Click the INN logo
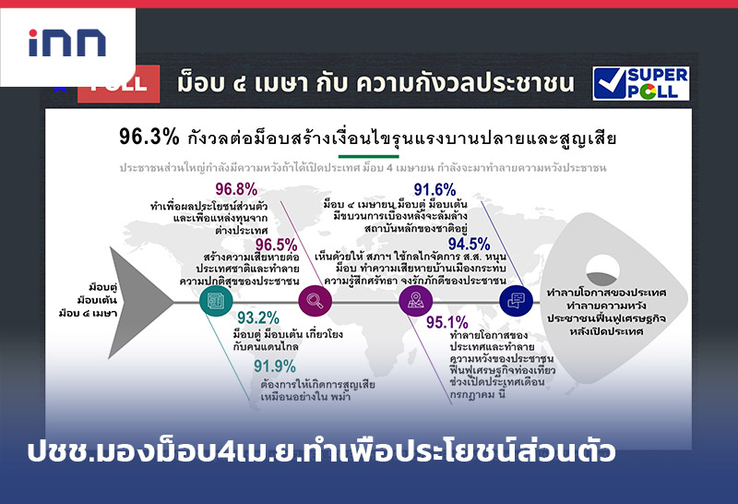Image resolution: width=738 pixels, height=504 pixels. coord(67,42)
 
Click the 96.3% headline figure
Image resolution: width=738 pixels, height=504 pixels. coord(149,137)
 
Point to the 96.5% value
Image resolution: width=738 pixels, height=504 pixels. coord(276,245)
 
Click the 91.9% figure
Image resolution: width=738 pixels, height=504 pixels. coord(275,366)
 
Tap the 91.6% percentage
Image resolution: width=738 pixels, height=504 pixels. coord(434,189)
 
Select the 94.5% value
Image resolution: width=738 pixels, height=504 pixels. coord(469,244)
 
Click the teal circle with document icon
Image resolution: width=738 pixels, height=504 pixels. coord(216,298)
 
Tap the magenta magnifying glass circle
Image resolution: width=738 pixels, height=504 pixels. coord(315,298)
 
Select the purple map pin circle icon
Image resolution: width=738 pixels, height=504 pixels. coord(414,298)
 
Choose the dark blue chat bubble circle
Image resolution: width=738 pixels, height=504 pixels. coord(515,298)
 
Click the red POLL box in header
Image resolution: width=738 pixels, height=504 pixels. coord(114,82)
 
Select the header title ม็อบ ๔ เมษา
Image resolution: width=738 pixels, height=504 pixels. coord(375,82)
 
